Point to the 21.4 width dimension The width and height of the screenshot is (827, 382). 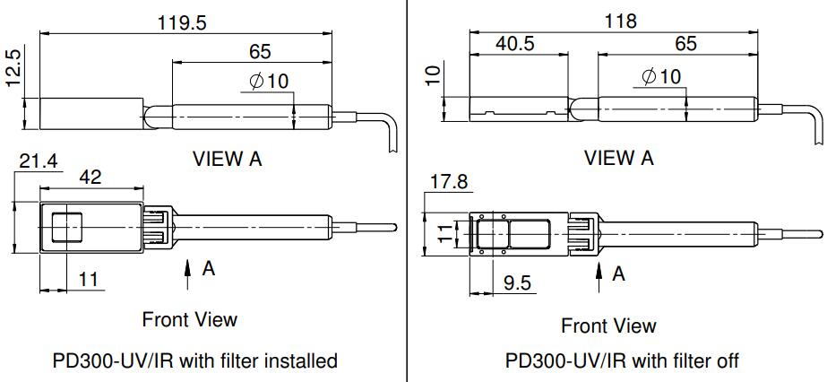pos(38,161)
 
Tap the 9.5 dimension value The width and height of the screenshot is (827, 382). pos(517,283)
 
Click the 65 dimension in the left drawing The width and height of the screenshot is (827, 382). pos(257,51)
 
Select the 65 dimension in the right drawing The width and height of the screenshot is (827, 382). pos(685,43)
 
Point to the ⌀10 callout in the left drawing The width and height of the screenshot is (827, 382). pos(269,81)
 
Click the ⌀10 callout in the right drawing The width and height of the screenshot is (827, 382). pos(661,75)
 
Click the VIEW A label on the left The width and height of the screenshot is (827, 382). pos(228,159)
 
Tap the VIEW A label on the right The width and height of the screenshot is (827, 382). pos(619,158)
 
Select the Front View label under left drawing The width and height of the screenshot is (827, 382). pos(190,319)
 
